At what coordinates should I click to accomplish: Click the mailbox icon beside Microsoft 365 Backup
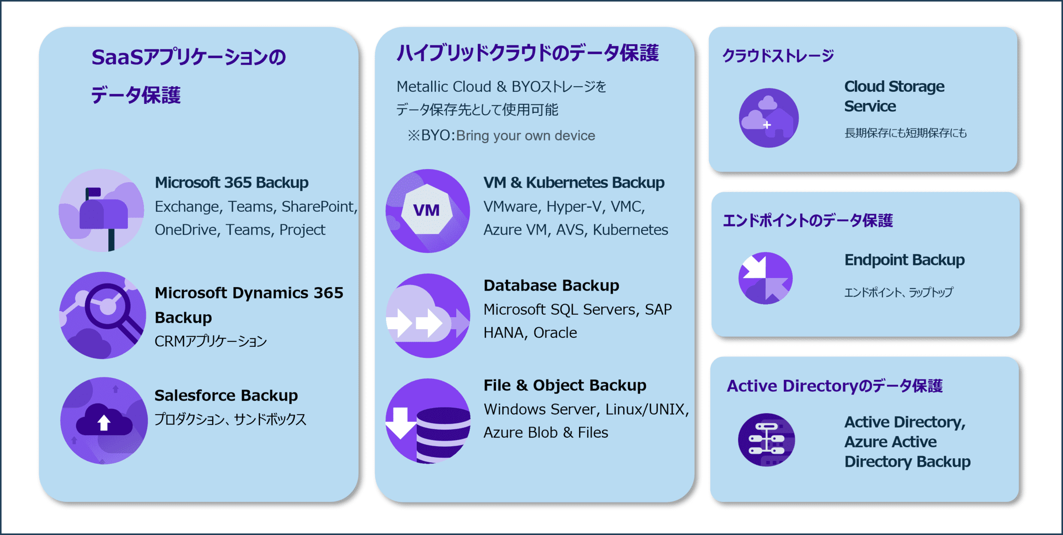pos(102,210)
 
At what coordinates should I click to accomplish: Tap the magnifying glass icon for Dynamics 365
pos(103,315)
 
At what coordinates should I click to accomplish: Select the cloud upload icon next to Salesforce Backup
pos(104,421)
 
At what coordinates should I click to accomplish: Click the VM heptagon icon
pos(427,210)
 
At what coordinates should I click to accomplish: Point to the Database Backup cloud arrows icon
pos(428,316)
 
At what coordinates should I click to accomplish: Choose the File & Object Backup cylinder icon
pos(428,421)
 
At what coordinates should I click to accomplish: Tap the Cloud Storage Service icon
pos(768,118)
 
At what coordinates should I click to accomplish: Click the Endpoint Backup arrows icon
pos(765,278)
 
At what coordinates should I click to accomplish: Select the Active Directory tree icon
pos(766,440)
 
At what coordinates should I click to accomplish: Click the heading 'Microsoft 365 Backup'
pos(232,183)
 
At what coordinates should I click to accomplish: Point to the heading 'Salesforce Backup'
pos(226,395)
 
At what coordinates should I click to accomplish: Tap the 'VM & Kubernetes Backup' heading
pos(574,183)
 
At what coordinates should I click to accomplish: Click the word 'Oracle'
pos(555,333)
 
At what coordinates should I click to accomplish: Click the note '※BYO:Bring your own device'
pos(501,136)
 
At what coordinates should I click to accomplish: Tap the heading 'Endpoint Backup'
pos(904,260)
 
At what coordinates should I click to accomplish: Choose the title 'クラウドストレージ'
pos(778,56)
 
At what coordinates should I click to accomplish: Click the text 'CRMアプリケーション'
pos(211,341)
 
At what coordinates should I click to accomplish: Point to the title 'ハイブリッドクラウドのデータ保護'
pos(527,53)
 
